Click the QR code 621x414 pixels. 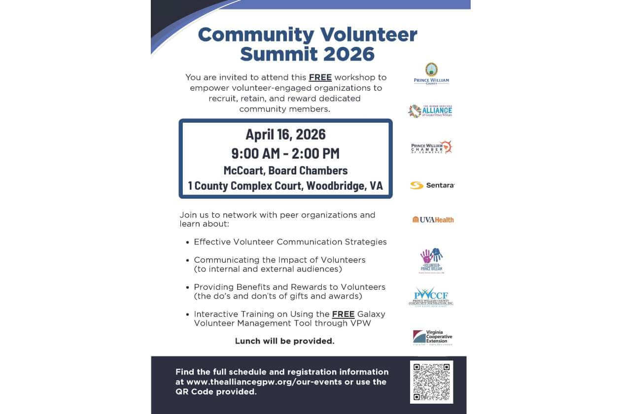(x=431, y=382)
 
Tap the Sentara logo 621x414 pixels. (x=432, y=185)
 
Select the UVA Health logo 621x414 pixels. (x=433, y=219)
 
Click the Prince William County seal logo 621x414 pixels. (x=431, y=73)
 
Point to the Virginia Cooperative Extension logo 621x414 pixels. (x=432, y=338)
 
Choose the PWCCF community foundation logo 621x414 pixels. (x=431, y=296)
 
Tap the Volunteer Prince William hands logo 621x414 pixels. (x=431, y=260)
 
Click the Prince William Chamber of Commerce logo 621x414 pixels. (x=431, y=147)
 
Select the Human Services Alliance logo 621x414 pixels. (x=430, y=111)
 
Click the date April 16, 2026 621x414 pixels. (x=285, y=134)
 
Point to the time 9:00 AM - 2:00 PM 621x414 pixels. (x=285, y=153)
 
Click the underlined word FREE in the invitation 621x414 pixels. (x=320, y=77)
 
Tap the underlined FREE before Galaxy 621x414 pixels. (x=343, y=314)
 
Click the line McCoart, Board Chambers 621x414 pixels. (x=285, y=171)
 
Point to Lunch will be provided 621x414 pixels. (x=284, y=341)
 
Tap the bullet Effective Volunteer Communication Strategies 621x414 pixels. (x=290, y=242)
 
